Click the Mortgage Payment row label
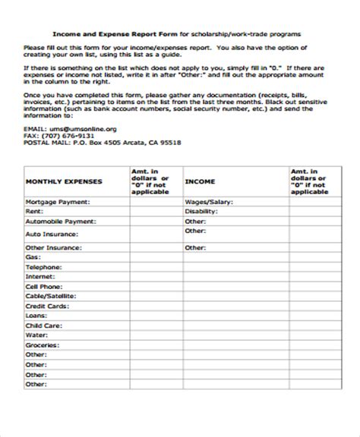58,203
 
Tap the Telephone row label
43,268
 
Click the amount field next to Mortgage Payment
153,203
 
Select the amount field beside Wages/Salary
316,203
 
